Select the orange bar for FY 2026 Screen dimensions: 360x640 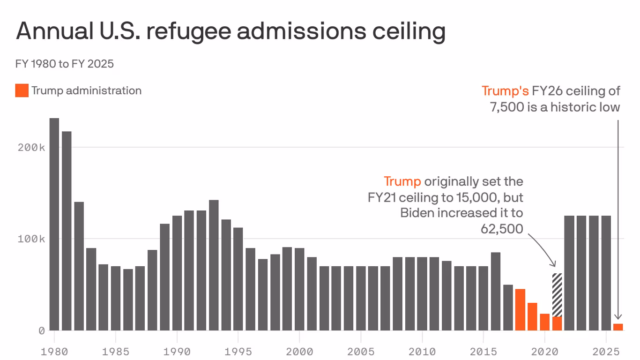(618, 327)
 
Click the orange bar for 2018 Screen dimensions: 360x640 (520, 309)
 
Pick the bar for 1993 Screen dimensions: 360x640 (214, 265)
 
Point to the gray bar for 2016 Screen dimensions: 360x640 (495, 291)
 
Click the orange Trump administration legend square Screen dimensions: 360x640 (22, 90)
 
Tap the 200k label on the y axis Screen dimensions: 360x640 (32, 147)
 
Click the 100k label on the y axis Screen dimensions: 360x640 (32, 239)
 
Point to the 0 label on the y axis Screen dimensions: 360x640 (41, 330)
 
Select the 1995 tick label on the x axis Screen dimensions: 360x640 (238, 351)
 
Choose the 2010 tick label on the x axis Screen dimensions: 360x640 (422, 351)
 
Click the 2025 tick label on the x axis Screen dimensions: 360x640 (606, 351)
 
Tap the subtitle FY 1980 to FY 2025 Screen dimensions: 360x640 (65, 63)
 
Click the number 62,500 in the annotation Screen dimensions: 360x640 (501, 229)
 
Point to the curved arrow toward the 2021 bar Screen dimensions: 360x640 (543, 248)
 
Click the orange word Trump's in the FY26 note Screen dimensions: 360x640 (505, 90)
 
